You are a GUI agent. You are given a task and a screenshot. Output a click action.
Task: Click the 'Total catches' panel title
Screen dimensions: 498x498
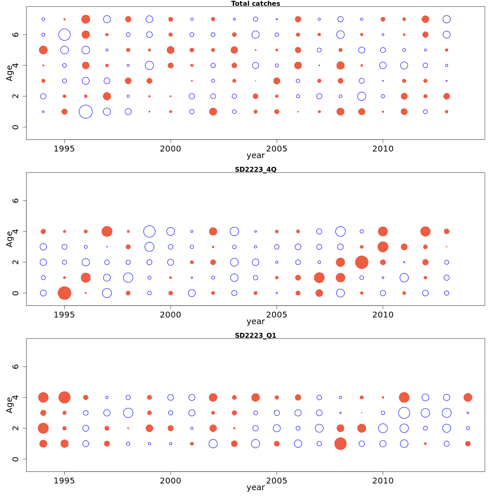pyautogui.click(x=255, y=4)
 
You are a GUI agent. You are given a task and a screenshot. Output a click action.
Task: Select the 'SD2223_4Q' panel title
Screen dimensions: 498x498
pyautogui.click(x=255, y=170)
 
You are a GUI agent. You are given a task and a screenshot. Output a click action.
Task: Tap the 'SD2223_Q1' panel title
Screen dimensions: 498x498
pyautogui.click(x=255, y=336)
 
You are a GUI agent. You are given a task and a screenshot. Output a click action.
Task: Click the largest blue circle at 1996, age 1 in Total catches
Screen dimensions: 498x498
pyautogui.click(x=85, y=112)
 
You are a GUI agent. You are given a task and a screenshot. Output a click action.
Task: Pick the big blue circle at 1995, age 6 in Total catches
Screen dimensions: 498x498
pyautogui.click(x=64, y=34)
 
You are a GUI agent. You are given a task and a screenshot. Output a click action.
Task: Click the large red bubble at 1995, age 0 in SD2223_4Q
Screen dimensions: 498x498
pyautogui.click(x=64, y=293)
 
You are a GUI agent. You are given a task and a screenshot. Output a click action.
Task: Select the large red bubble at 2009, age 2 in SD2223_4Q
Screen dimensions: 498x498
pyautogui.click(x=361, y=262)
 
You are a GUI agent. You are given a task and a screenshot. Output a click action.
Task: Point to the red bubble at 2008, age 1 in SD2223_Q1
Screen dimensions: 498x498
pyautogui.click(x=340, y=444)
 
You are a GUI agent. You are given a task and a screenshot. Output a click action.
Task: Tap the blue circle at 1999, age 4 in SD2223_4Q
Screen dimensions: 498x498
pyautogui.click(x=149, y=232)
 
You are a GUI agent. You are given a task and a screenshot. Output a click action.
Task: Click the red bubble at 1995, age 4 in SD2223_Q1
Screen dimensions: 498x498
pyautogui.click(x=64, y=398)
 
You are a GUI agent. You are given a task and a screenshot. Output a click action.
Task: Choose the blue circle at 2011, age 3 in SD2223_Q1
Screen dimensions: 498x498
pyautogui.click(x=404, y=413)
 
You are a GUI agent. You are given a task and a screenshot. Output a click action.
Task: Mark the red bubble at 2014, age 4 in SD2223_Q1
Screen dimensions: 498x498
pyautogui.click(x=468, y=398)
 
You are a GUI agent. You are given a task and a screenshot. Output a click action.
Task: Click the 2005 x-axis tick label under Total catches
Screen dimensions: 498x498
pyautogui.click(x=276, y=149)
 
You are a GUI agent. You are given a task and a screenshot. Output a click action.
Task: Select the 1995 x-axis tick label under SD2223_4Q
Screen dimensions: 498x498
pyautogui.click(x=64, y=315)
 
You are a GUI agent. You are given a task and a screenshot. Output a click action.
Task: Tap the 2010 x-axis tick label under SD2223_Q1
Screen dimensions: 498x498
pyautogui.click(x=383, y=481)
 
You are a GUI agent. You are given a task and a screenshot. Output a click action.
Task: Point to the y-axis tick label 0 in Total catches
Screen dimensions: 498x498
pyautogui.click(x=16, y=127)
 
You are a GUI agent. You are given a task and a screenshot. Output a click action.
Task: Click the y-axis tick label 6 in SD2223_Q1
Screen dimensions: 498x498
pyautogui.click(x=16, y=367)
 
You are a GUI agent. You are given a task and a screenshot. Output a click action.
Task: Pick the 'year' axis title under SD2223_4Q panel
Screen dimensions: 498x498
pyautogui.click(x=255, y=322)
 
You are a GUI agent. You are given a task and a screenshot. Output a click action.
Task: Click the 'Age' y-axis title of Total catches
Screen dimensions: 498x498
pyautogui.click(x=9, y=73)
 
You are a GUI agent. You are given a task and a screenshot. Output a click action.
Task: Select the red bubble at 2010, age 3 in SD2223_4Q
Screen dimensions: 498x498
pyautogui.click(x=383, y=247)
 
